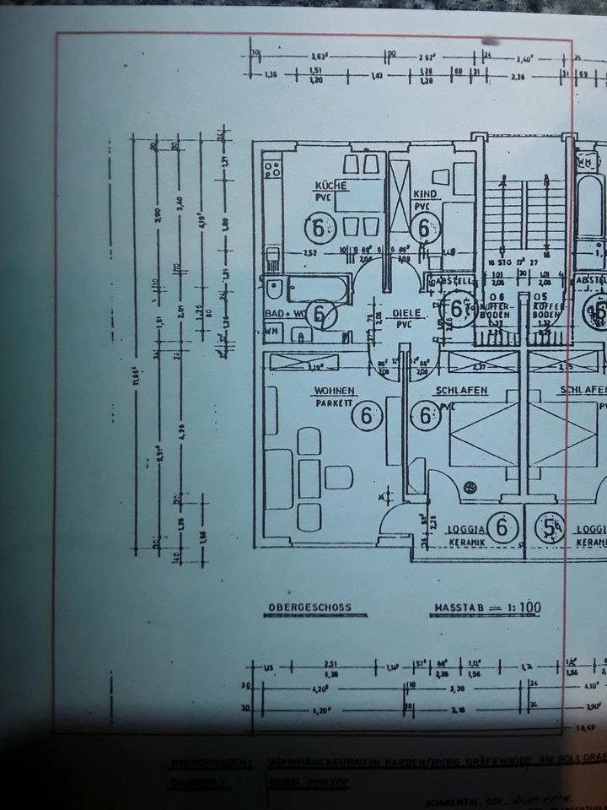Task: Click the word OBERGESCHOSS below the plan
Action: pos(309,607)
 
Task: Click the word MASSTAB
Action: pos(462,607)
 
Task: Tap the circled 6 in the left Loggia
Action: pos(502,528)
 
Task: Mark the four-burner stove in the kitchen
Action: pos(272,170)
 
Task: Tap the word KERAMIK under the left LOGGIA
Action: pos(465,543)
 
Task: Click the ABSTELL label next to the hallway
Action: pos(446,280)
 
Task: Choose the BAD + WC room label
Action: pos(284,313)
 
